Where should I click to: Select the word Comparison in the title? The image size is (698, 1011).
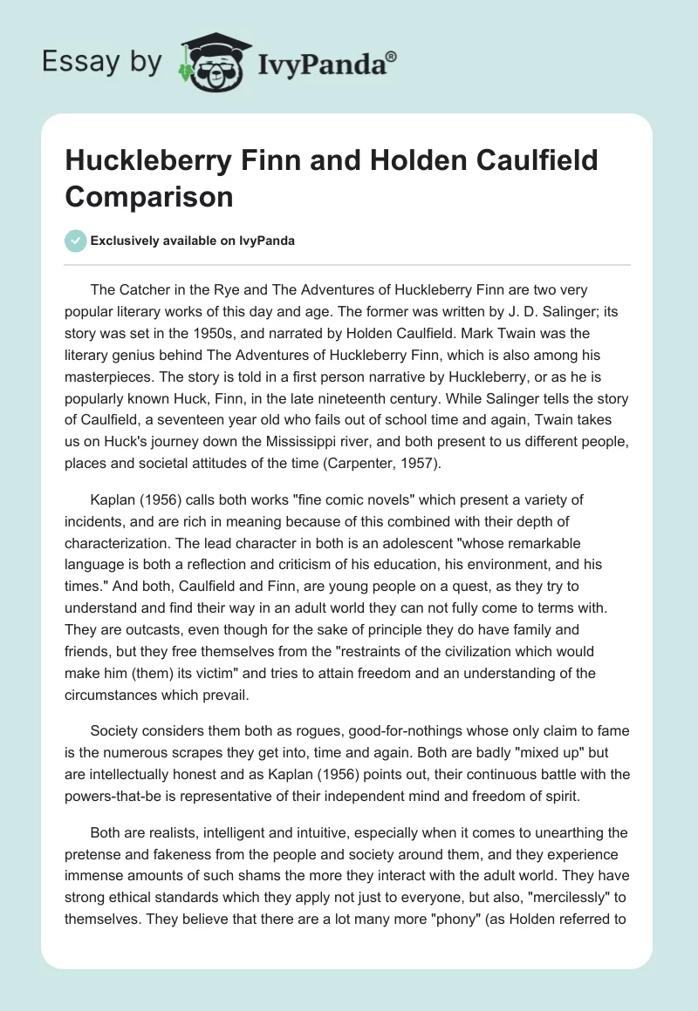click(x=149, y=196)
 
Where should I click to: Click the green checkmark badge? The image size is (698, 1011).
click(x=76, y=241)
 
